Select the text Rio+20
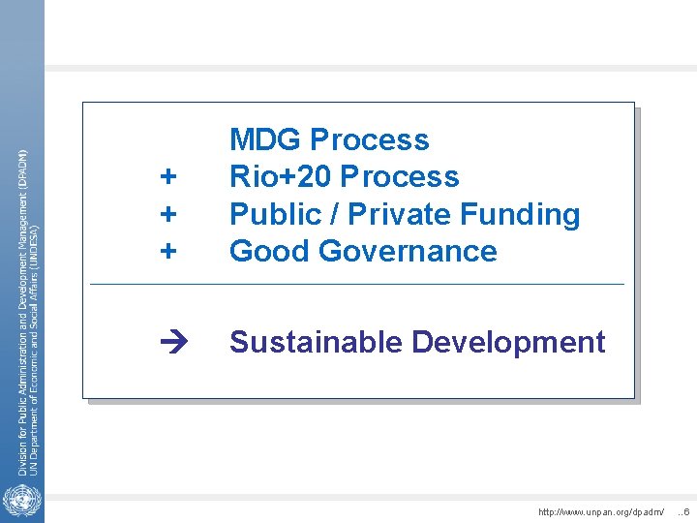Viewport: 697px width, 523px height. [281, 177]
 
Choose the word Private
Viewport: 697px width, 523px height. [397, 214]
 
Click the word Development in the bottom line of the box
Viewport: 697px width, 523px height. [508, 342]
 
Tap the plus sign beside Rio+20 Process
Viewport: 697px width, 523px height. [169, 177]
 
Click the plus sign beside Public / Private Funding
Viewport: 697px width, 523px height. [169, 214]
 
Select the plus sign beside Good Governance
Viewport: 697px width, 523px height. [169, 251]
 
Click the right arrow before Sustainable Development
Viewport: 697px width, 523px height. [168, 343]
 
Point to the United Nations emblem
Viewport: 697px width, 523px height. [17, 502]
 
